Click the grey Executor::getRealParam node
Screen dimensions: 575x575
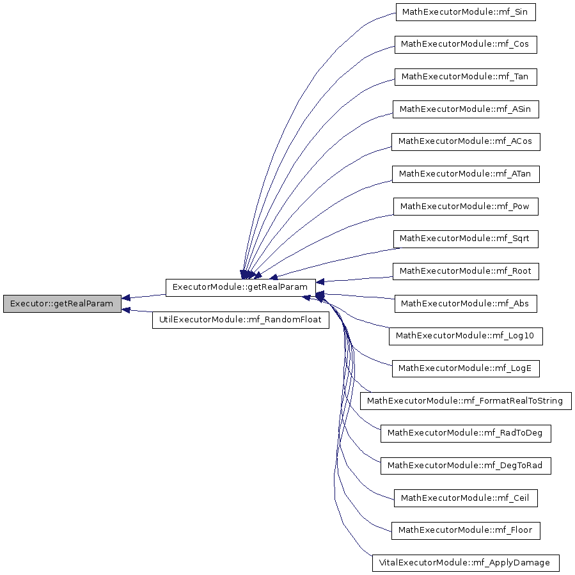pos(62,304)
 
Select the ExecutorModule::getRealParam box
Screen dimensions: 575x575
pos(240,288)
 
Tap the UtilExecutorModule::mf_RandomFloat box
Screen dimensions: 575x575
pos(240,320)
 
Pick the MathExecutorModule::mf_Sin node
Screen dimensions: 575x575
pos(466,12)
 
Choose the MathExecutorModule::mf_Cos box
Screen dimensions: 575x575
pos(466,44)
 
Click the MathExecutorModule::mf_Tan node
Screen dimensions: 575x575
pos(466,77)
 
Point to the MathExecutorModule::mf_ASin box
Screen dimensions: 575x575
pos(466,109)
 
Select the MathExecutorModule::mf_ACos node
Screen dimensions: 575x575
pos(466,142)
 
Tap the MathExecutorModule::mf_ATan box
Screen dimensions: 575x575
pos(466,174)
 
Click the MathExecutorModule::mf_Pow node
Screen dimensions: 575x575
pos(466,207)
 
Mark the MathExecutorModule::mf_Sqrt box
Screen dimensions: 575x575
pos(466,239)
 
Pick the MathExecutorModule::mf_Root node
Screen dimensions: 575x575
pos(466,271)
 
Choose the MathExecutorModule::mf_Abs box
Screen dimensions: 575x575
pos(466,304)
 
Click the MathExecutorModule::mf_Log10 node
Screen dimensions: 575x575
pos(466,336)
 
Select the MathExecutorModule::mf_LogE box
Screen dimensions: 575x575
pos(466,368)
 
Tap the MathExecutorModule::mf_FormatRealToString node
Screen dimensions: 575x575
pos(466,401)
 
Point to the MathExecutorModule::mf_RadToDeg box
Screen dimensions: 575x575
pos(466,434)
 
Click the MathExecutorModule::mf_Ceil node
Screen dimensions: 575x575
pos(466,498)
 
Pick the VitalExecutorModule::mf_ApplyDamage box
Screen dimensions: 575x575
pos(466,563)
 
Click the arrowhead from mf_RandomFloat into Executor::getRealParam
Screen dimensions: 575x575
pos(125,310)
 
